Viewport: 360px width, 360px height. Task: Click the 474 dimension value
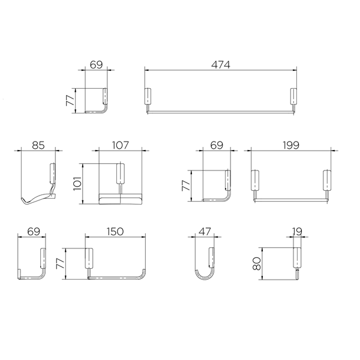coord(220,65)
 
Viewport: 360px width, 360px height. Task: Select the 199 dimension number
coord(291,145)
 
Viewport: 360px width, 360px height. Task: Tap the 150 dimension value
coord(115,232)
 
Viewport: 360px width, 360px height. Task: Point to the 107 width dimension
coord(121,145)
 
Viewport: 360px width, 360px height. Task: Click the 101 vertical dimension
coord(77,184)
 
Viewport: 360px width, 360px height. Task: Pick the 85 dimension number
coord(38,145)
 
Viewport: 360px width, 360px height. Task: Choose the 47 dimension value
coord(205,232)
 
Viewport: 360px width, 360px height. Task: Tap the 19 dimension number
coord(298,232)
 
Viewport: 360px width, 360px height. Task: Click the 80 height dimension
coord(256,263)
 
